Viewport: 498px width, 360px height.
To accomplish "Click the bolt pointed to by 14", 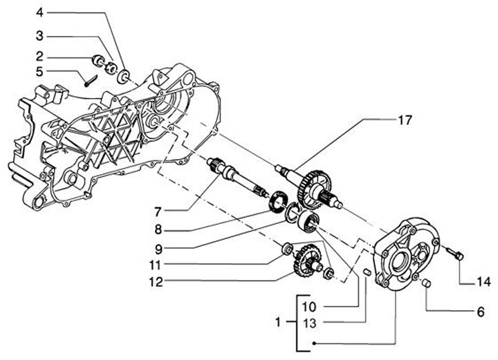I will click(x=455, y=254).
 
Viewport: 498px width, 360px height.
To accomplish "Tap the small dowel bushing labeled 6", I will click(x=426, y=283).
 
